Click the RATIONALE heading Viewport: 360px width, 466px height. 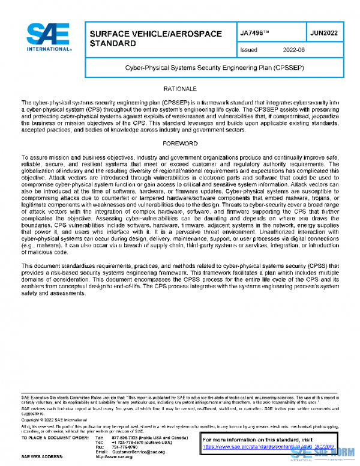tap(179, 89)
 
